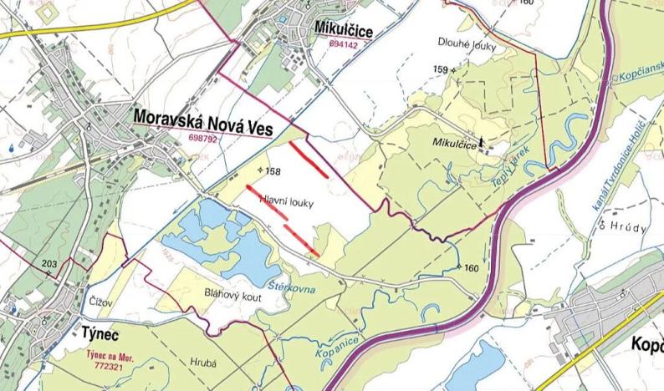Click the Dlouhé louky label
coord(466,45)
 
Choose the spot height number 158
coord(272,172)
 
